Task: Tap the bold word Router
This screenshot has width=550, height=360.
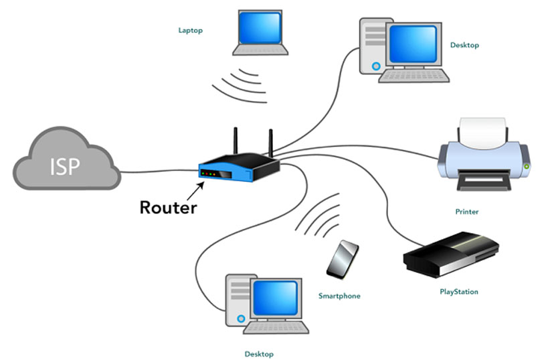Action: (168, 207)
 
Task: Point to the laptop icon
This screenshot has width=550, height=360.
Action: (260, 33)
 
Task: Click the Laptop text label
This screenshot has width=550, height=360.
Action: (190, 30)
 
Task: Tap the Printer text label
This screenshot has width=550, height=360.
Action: (467, 211)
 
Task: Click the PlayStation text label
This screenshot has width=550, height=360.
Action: (458, 292)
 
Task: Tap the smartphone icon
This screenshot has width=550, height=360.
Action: (342, 259)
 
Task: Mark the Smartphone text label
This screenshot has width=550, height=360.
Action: (339, 295)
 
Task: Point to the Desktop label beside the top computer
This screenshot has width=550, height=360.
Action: (465, 46)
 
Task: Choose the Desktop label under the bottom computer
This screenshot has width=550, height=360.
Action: (259, 354)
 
